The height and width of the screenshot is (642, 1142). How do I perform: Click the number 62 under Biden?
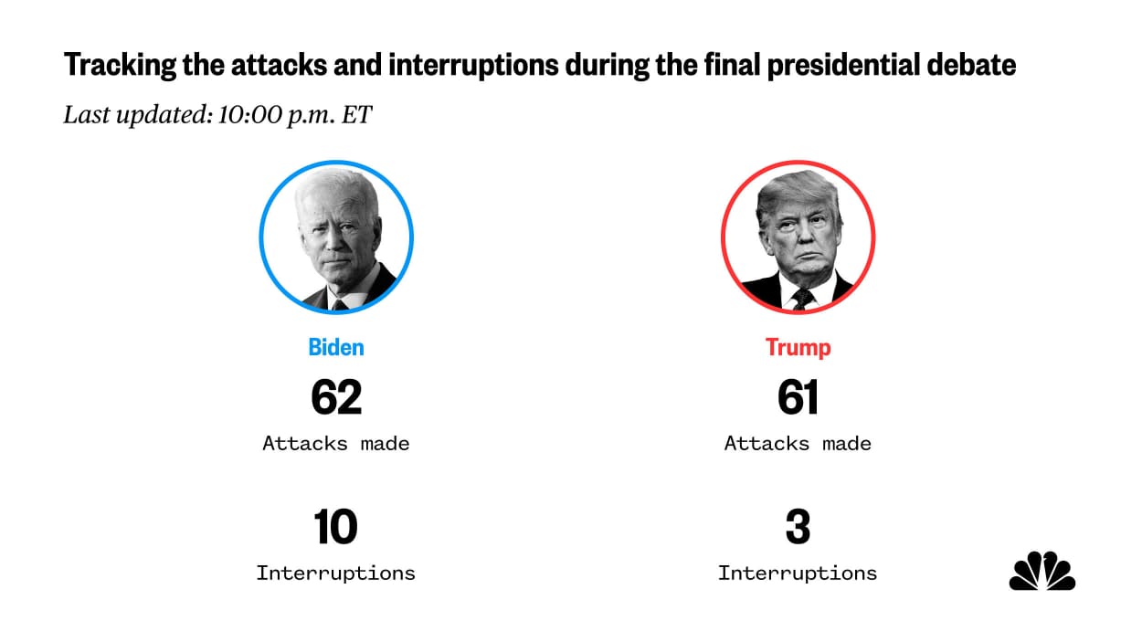point(336,396)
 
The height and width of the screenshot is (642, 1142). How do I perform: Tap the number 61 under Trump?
point(798,396)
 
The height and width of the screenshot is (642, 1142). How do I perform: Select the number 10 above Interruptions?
point(335,527)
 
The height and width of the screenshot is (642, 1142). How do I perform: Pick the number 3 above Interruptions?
point(798,527)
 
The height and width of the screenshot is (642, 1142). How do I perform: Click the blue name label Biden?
point(336,347)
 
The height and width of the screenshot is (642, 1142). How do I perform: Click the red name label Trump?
point(798,347)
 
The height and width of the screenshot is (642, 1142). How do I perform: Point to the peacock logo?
point(1042,572)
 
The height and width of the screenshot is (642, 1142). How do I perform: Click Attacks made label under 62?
point(336,444)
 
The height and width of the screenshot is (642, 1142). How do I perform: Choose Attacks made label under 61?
point(798,444)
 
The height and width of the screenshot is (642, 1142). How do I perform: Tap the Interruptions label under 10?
point(335,574)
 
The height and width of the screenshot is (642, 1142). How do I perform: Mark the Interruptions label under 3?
point(798,574)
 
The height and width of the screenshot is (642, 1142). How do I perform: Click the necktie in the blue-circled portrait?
point(340,302)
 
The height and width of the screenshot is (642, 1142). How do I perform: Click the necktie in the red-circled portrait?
point(803,298)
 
